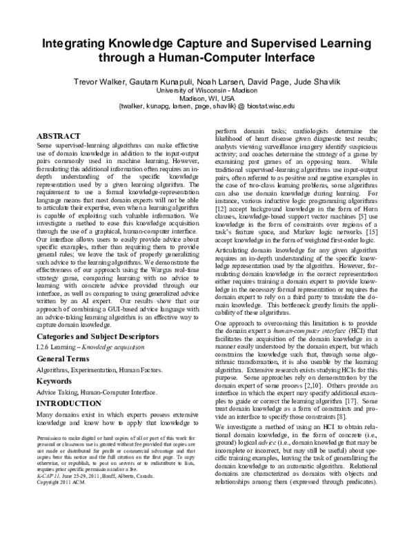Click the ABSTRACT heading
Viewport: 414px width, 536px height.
pos(59,137)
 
